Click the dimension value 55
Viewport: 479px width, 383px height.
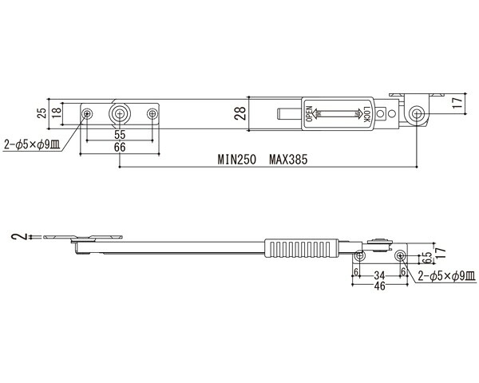120,135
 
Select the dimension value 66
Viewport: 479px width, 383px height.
120,148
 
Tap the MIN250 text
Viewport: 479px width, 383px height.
237,160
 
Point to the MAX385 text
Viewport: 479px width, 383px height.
288,160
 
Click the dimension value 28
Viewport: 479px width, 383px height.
240,113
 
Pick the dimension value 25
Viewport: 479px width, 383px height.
42,113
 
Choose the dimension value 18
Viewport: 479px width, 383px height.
56,113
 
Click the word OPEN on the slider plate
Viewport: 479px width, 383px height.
309,114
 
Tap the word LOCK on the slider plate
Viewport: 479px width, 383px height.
366,115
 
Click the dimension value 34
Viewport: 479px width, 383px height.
379,275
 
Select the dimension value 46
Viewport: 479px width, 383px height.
379,286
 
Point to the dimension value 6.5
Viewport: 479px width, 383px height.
428,258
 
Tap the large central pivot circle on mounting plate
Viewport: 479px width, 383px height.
120,114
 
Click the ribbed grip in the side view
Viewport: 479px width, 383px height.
302,248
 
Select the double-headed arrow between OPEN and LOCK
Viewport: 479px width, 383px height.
338,114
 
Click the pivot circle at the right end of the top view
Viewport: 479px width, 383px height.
416,114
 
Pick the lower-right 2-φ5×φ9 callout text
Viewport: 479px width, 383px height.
446,276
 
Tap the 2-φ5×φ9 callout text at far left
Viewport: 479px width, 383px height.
32,144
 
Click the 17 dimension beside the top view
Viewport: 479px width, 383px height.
457,103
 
